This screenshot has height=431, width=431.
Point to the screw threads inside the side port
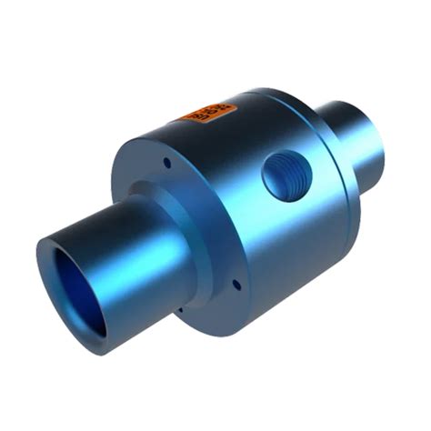pos(293,173)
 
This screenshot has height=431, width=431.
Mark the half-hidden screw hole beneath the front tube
pos(181,309)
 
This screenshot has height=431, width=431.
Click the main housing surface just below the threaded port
pos(291,227)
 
